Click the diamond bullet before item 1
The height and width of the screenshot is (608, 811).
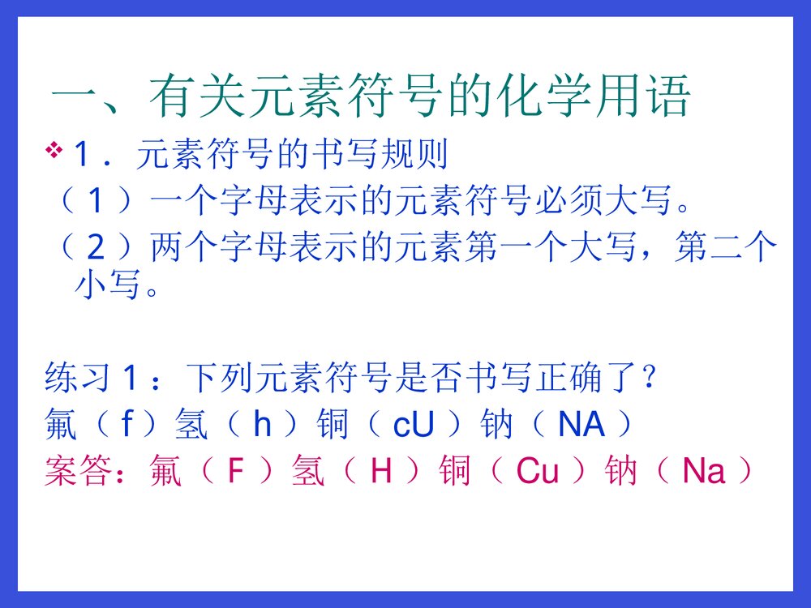pos(55,150)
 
